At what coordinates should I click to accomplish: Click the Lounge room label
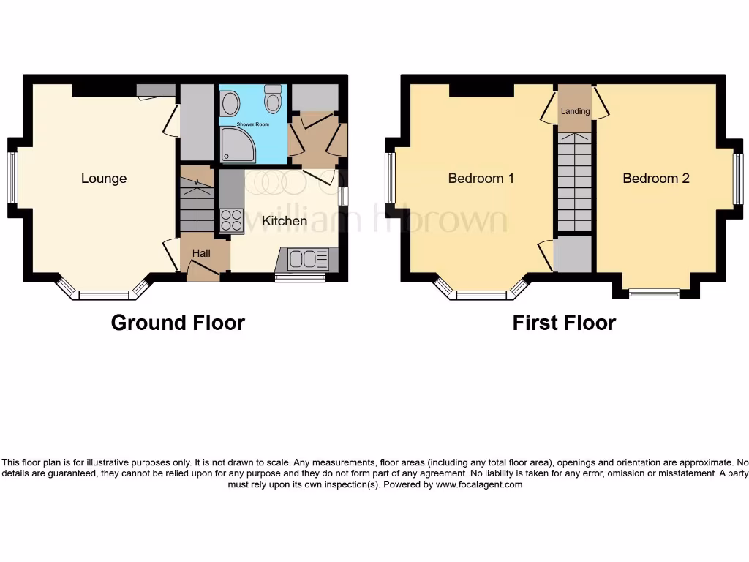(x=104, y=179)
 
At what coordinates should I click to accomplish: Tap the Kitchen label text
(x=285, y=220)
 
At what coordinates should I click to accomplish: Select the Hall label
(x=201, y=253)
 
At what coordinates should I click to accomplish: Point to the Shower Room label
(x=252, y=125)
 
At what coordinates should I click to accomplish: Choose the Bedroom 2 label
(x=655, y=179)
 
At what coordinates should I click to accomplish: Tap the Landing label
(x=575, y=112)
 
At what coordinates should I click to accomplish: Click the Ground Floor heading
(x=178, y=323)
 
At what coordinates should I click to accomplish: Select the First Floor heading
(x=564, y=323)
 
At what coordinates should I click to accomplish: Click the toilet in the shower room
(x=274, y=99)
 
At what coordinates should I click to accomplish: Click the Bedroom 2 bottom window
(x=654, y=294)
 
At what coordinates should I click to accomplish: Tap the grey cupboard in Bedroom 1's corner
(x=572, y=253)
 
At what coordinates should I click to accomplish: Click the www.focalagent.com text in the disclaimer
(x=479, y=484)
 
